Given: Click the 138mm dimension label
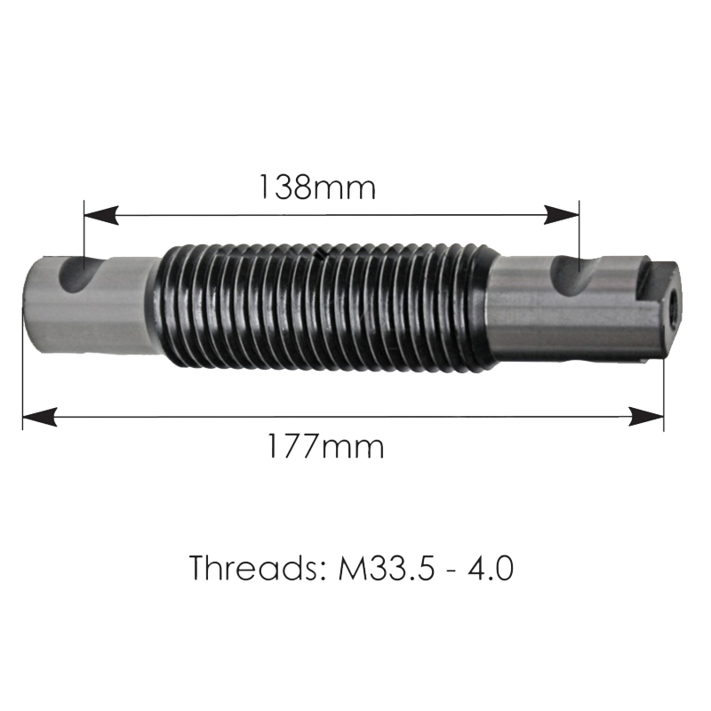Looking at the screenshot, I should (x=317, y=188).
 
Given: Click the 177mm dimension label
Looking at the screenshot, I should (x=326, y=446).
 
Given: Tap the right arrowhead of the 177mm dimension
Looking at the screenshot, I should (x=646, y=416).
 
